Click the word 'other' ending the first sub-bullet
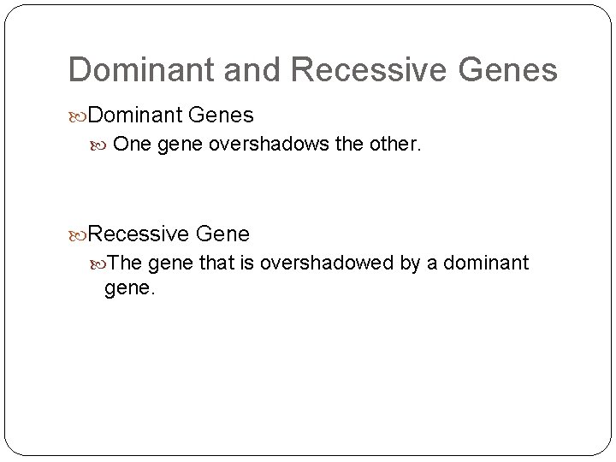pos(393,145)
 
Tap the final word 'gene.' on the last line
pos(129,289)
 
